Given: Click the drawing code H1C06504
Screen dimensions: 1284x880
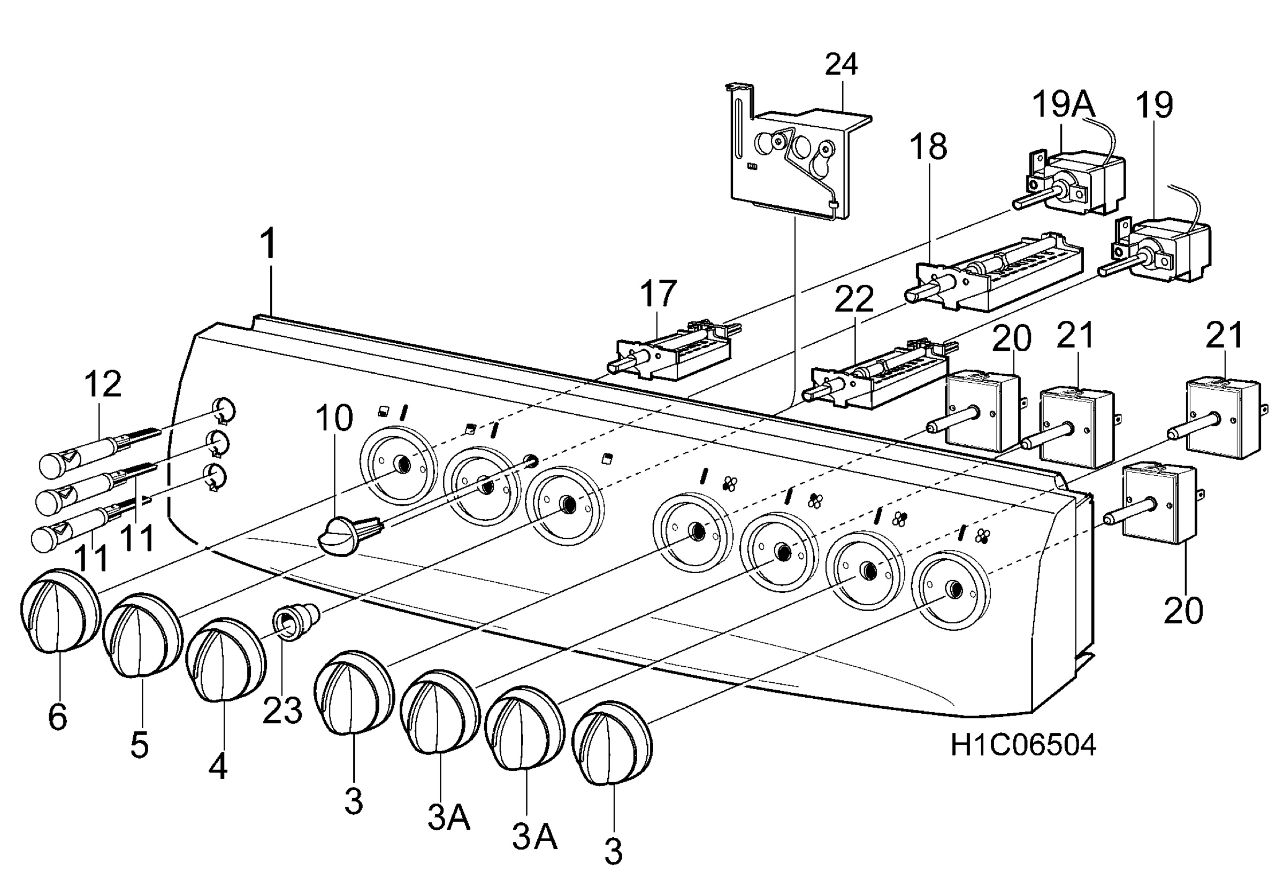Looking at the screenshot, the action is (1023, 746).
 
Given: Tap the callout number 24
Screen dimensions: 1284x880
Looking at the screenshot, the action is (841, 65).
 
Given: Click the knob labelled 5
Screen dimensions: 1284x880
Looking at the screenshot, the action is (142, 635).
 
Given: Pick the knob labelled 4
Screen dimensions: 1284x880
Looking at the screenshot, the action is (225, 660).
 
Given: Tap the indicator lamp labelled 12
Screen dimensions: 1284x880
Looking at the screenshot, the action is (100, 453).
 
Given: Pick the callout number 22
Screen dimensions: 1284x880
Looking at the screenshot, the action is (854, 299).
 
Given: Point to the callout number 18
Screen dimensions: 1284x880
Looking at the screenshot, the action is (928, 147).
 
